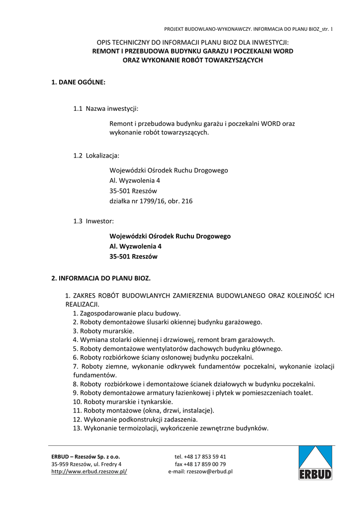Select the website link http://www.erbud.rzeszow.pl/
90,472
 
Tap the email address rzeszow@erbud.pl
200,472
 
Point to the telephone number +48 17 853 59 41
200,456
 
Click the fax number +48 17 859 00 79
200,464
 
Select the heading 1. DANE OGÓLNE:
79,83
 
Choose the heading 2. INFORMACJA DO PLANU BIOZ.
101,278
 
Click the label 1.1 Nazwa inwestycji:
106,108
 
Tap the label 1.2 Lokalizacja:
96,156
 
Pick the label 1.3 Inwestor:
94,221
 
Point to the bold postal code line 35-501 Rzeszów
133,257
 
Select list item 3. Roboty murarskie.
103,331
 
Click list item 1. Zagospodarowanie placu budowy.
127,314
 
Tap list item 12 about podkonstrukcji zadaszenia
132,420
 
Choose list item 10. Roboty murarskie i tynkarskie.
123,402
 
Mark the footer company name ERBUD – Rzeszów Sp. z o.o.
86,456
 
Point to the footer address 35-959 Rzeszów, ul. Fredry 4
87,464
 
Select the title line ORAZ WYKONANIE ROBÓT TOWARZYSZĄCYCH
192,60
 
